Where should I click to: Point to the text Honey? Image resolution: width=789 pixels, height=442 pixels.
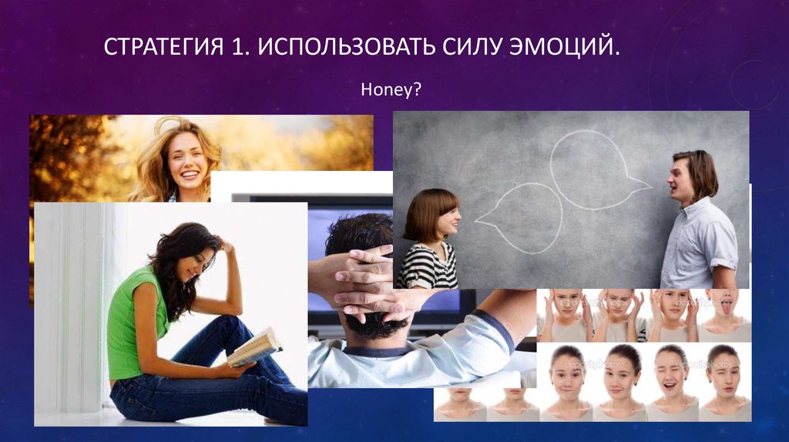click(391, 91)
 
